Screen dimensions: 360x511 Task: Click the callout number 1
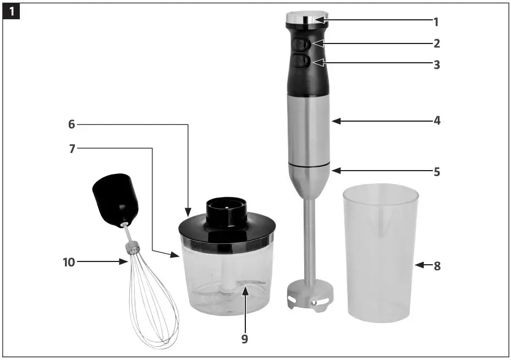pyautogui.click(x=436, y=22)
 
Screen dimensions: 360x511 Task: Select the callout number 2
pyautogui.click(x=436, y=43)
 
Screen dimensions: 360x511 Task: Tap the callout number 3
pyautogui.click(x=436, y=64)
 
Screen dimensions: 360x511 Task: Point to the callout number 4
pyautogui.click(x=437, y=120)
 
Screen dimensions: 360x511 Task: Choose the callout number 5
pyautogui.click(x=437, y=171)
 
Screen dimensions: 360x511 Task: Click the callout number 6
pyautogui.click(x=72, y=124)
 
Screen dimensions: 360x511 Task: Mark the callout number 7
pyautogui.click(x=72, y=148)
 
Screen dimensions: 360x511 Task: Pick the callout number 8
pyautogui.click(x=437, y=266)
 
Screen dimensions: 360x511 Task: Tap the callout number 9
pyautogui.click(x=245, y=339)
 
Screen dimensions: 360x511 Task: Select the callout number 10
pyautogui.click(x=68, y=263)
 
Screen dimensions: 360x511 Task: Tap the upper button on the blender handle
pyautogui.click(x=300, y=43)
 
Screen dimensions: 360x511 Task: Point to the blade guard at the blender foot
pyautogui.click(x=310, y=298)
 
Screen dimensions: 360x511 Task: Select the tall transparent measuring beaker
pyautogui.click(x=380, y=253)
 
